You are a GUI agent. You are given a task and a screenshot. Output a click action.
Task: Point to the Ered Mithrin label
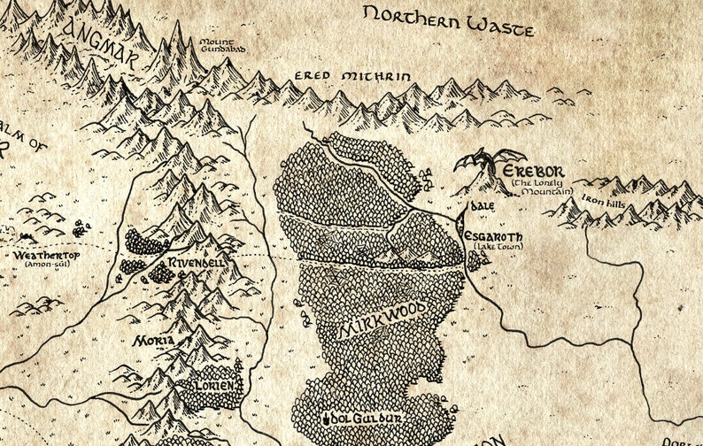pos(352,77)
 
